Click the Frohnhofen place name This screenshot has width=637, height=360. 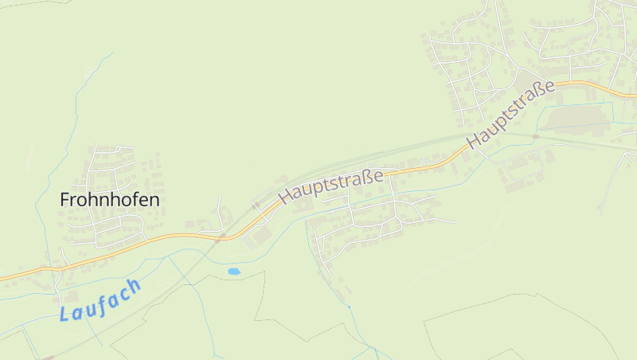tap(110, 200)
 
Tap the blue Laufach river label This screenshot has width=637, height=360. tap(100, 299)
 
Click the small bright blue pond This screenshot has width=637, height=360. tap(233, 272)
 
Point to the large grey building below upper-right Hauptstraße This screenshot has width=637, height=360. tap(578, 118)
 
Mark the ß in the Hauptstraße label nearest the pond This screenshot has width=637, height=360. tap(369, 174)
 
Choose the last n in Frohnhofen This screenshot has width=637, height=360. tap(154, 200)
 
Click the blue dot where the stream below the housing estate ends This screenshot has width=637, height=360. tap(349, 306)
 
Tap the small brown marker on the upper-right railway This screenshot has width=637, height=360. tap(536, 136)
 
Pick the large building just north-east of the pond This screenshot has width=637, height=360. tap(262, 237)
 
